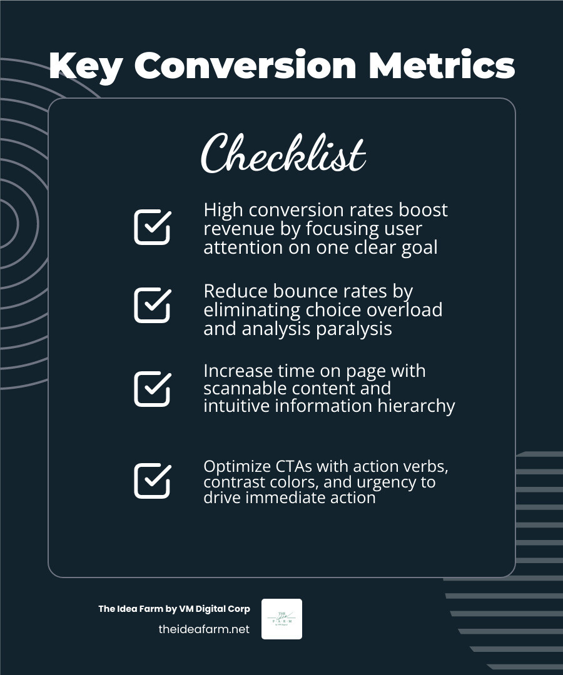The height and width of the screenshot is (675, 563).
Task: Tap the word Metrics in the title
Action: [442, 66]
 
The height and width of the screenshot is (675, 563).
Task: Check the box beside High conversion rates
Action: [152, 227]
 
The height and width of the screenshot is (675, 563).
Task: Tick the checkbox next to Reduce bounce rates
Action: [152, 305]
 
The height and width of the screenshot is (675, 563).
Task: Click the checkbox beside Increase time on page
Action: [152, 388]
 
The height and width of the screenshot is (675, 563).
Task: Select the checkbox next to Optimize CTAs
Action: [152, 481]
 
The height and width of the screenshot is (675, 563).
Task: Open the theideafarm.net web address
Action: [204, 629]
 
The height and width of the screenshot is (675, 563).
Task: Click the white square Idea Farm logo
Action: [281, 619]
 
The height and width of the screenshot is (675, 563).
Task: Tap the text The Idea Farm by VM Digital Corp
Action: [174, 609]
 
